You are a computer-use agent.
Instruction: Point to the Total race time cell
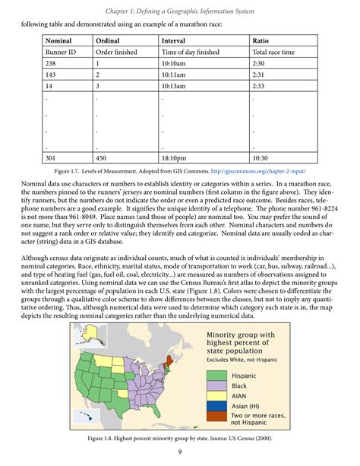click(276, 52)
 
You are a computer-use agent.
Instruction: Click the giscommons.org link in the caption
click(257, 172)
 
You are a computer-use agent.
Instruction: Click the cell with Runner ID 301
click(52, 158)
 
